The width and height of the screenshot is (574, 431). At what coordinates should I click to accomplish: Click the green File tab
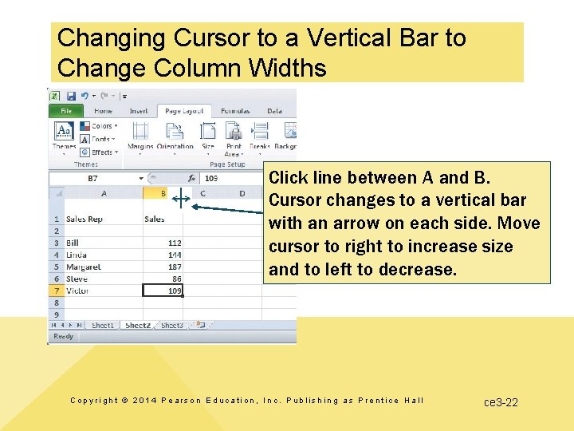point(66,112)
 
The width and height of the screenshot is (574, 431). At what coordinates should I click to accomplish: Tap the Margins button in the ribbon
point(140,136)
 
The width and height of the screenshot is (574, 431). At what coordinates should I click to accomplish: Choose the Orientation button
point(175,136)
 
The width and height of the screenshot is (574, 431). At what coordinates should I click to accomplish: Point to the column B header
point(162,193)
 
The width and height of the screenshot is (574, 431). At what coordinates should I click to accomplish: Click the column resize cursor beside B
point(181,200)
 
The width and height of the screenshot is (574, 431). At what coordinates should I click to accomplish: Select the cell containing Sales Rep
point(85,219)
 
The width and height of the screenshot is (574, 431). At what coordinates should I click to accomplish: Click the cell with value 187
point(163,267)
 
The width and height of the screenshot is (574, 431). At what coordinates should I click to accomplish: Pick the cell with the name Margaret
point(84,267)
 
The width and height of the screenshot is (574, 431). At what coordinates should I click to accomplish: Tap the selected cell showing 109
point(163,291)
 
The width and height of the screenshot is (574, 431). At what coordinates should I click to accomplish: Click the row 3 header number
point(56,243)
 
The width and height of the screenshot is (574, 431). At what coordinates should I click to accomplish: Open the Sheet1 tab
point(103,326)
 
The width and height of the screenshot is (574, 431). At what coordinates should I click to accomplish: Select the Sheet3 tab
point(171,326)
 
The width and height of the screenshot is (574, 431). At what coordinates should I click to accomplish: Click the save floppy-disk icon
point(71,95)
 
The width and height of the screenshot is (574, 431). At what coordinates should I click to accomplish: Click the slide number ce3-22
point(501,402)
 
